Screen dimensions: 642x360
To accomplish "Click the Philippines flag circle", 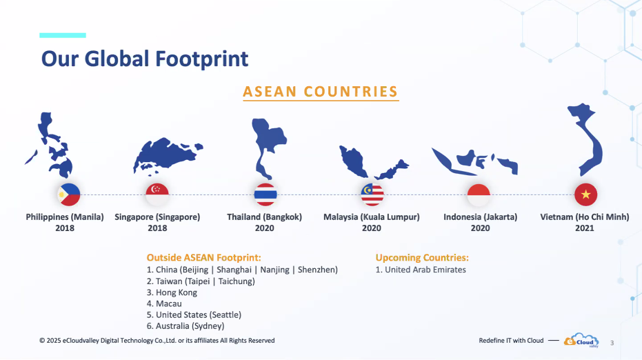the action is pyautogui.click(x=69, y=194).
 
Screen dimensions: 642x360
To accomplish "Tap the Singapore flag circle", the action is pyautogui.click(x=157, y=194).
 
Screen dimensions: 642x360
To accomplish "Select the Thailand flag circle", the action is pyautogui.click(x=265, y=194).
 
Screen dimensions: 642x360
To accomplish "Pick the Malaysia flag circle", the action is pyautogui.click(x=372, y=194).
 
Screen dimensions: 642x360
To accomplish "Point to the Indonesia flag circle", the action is pyautogui.click(x=479, y=194).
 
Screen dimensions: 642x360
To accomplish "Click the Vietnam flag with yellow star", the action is pyautogui.click(x=585, y=194).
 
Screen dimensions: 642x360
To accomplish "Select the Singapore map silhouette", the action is pyautogui.click(x=167, y=154).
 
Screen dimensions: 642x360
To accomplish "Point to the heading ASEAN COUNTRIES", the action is pyautogui.click(x=321, y=92).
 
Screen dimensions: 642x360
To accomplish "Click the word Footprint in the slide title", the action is pyautogui.click(x=202, y=59).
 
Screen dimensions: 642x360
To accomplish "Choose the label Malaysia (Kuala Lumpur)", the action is pyautogui.click(x=372, y=217).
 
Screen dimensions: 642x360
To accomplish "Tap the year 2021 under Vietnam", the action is pyautogui.click(x=584, y=228).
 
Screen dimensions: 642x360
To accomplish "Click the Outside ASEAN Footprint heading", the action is pyautogui.click(x=203, y=258).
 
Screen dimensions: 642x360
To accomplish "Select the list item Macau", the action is pyautogui.click(x=164, y=303).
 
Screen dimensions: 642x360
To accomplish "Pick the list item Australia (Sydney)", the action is pyautogui.click(x=185, y=326).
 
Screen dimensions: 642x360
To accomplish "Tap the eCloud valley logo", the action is pyautogui.click(x=581, y=340).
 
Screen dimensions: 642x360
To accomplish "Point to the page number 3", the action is pyautogui.click(x=612, y=343).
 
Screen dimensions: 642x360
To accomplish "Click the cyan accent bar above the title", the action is pyautogui.click(x=63, y=35).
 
